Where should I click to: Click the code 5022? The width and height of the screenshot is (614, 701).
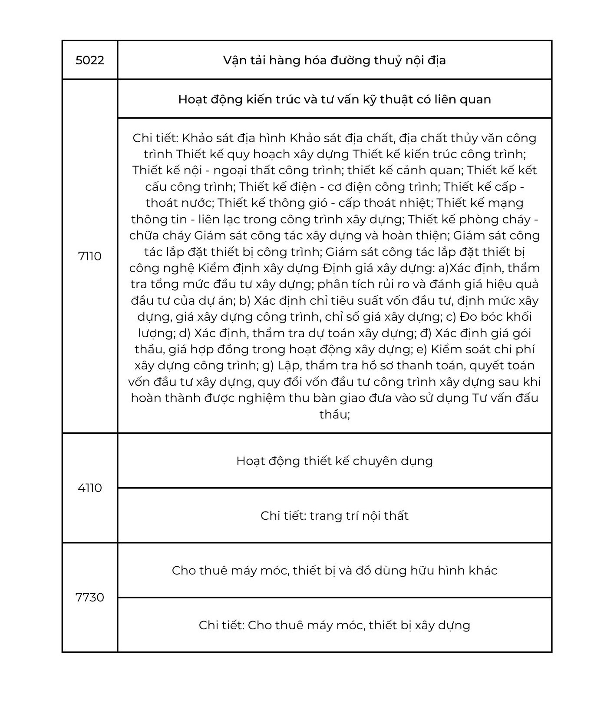pyautogui.click(x=90, y=60)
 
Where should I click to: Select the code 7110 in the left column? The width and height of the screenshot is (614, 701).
pyautogui.click(x=90, y=256)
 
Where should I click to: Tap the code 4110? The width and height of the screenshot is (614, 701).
pyautogui.click(x=90, y=488)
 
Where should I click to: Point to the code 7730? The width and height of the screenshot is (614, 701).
pyautogui.click(x=90, y=598)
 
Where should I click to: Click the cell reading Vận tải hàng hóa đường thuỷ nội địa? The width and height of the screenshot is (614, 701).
pyautogui.click(x=334, y=60)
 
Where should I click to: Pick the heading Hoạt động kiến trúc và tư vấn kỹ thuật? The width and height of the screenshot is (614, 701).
pyautogui.click(x=334, y=100)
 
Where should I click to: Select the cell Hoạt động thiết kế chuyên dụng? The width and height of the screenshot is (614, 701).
pyautogui.click(x=334, y=461)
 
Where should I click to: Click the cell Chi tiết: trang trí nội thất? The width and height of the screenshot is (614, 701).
pyautogui.click(x=334, y=516)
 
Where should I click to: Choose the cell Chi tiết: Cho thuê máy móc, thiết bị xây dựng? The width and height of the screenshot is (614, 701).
pyautogui.click(x=334, y=625)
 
